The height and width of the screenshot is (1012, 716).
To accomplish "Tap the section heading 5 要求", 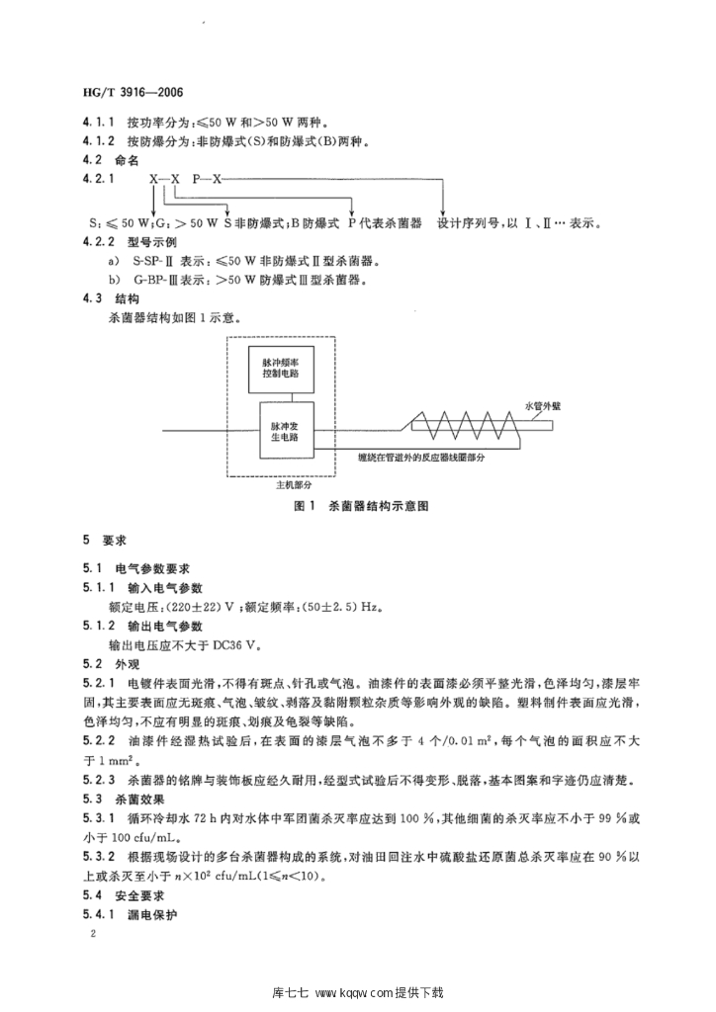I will (x=99, y=541).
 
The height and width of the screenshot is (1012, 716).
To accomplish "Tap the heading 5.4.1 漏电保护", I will (x=131, y=916).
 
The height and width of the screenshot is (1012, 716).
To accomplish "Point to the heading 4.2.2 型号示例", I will (x=131, y=242).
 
